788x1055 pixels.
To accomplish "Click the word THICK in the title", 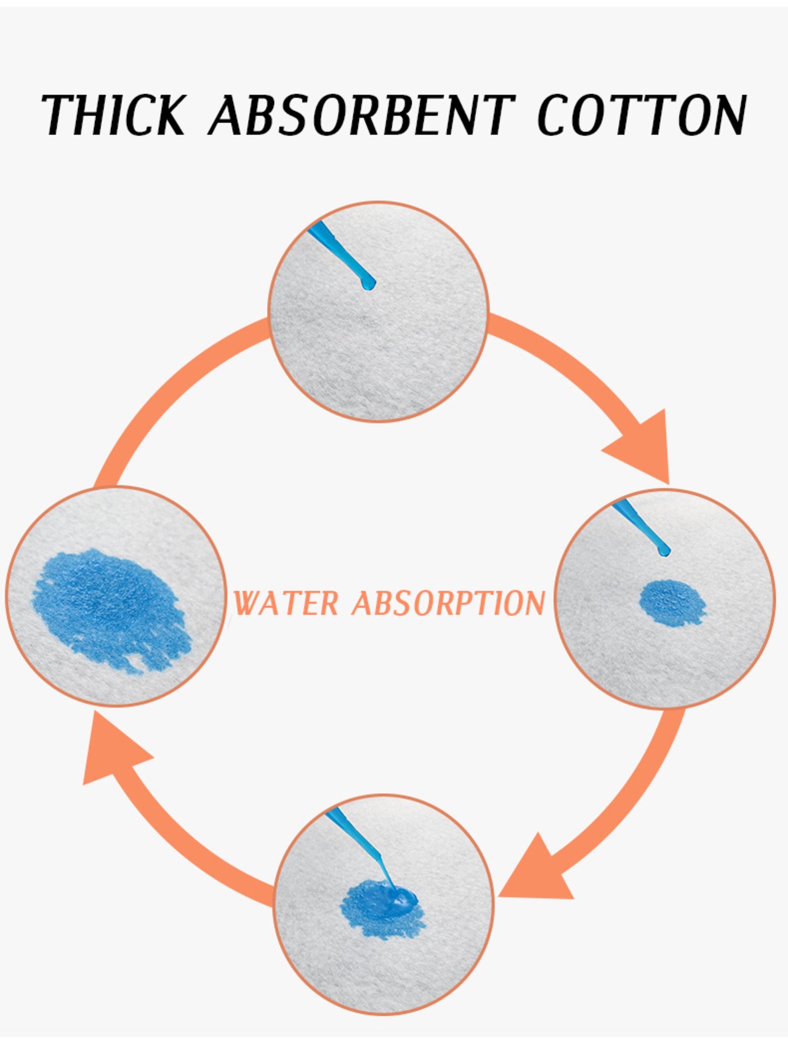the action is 114,115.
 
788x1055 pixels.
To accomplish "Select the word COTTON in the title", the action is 642,115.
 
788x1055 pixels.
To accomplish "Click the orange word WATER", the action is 287,603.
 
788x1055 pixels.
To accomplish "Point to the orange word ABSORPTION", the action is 449,603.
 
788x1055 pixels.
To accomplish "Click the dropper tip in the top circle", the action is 368,285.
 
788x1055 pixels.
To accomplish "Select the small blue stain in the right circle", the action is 673,602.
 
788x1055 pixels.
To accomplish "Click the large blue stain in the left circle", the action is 111,607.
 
